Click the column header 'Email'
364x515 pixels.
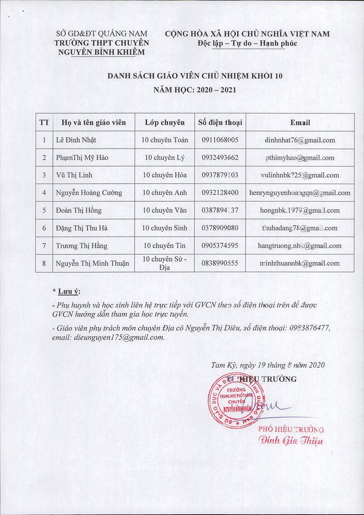(x=300, y=123)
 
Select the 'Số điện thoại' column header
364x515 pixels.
(x=220, y=122)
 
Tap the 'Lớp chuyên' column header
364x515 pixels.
(x=165, y=122)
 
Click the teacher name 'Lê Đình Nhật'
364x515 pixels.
(x=76, y=140)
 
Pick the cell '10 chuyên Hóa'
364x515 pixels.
(x=165, y=175)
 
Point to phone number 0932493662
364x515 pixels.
(x=220, y=157)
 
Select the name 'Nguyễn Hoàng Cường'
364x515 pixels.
(x=89, y=193)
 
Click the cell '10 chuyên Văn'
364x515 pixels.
(x=165, y=210)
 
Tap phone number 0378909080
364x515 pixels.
(x=220, y=228)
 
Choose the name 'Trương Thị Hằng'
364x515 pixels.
(x=82, y=246)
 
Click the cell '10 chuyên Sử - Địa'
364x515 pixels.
(x=165, y=263)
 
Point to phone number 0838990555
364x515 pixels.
(x=220, y=263)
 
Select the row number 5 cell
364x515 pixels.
(x=44, y=210)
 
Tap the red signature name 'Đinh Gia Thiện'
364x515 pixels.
(x=291, y=440)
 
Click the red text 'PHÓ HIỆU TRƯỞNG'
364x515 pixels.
(x=291, y=429)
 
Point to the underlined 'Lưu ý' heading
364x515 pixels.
(x=69, y=292)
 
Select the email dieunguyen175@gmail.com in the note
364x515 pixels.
(x=119, y=338)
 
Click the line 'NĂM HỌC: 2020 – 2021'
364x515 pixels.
(x=195, y=90)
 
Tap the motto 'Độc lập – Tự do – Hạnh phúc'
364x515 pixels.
(x=248, y=43)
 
